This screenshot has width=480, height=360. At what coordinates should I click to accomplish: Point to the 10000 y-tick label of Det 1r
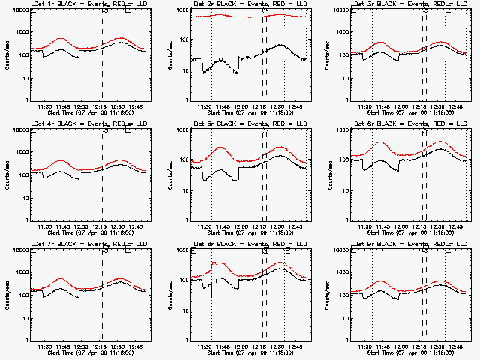pyautogui.click(x=18, y=10)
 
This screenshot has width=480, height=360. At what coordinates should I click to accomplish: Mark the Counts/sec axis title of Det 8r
pyautogui.click(x=169, y=295)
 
